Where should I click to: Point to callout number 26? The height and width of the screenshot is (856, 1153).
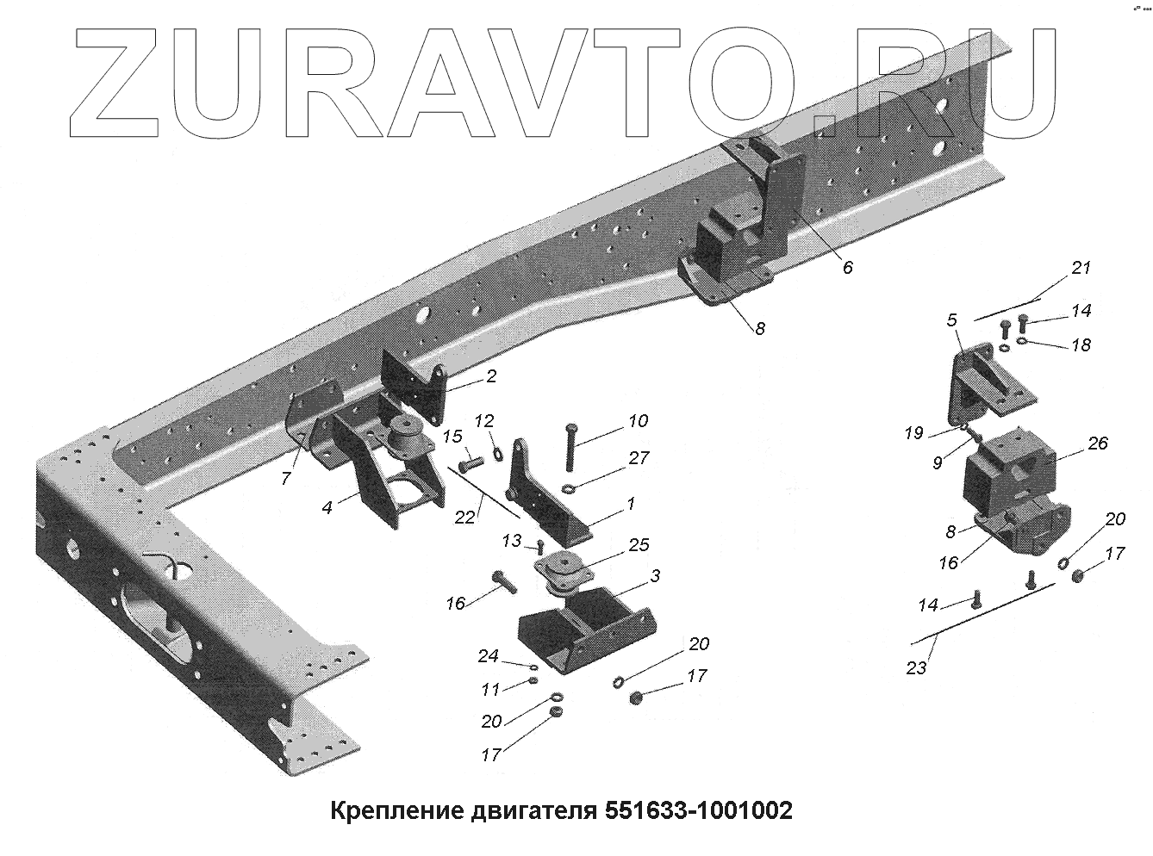[x=1097, y=444]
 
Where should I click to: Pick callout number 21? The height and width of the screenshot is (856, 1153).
[x=1080, y=268]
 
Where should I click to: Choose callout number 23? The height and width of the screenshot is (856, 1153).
[x=916, y=667]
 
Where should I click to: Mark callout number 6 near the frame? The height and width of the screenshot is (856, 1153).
[x=847, y=268]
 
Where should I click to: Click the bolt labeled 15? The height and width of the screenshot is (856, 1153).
[x=467, y=465]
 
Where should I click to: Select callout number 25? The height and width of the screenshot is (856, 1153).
[x=639, y=545]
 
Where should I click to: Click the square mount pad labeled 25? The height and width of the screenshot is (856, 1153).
[x=561, y=569]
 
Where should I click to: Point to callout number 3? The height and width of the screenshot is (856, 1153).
[x=654, y=576]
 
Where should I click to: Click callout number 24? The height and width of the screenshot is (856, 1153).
[x=489, y=657]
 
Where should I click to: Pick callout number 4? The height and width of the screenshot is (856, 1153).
[x=327, y=508]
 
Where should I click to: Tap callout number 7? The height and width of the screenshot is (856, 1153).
[x=286, y=478]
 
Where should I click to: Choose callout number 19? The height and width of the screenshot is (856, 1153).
[x=914, y=433]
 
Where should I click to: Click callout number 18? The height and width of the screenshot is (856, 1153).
[x=1080, y=345]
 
